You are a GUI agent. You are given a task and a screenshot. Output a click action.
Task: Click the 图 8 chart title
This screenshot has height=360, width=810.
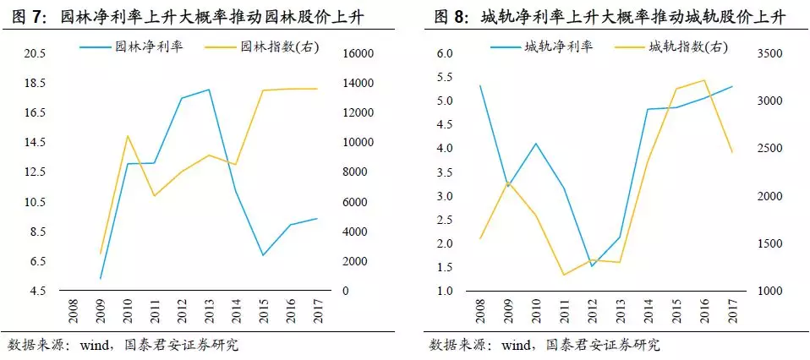(x=608, y=16)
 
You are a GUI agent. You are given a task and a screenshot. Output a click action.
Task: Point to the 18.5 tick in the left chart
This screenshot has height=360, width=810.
(x=34, y=84)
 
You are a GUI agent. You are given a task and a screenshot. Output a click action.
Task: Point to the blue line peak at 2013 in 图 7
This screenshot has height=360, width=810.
(x=209, y=90)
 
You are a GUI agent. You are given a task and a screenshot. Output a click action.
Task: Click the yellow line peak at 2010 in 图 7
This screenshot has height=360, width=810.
(x=127, y=135)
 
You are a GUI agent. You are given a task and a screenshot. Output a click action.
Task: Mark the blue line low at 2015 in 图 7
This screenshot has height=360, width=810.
(x=264, y=255)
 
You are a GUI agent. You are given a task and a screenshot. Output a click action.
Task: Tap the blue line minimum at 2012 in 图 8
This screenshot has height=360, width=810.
(x=592, y=266)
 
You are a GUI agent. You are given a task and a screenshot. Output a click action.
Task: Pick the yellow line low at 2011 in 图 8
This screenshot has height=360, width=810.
(x=563, y=275)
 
